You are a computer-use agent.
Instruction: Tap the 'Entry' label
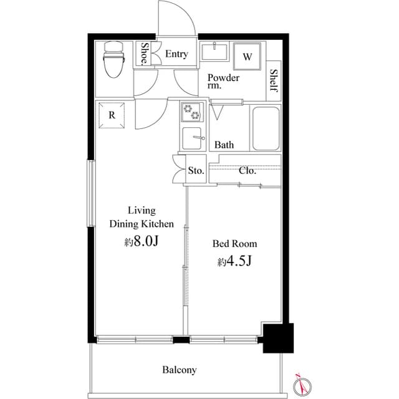176,54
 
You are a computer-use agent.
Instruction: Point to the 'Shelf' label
274,80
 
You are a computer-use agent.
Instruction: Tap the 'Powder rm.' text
223,82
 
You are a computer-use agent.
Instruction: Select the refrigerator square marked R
112,115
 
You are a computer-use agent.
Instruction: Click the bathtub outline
265,128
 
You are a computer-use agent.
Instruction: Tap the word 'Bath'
224,145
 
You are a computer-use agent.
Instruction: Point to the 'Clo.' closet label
248,170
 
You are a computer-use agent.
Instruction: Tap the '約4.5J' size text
234,262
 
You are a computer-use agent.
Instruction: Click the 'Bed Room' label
234,244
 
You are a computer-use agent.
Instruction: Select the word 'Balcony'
180,370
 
